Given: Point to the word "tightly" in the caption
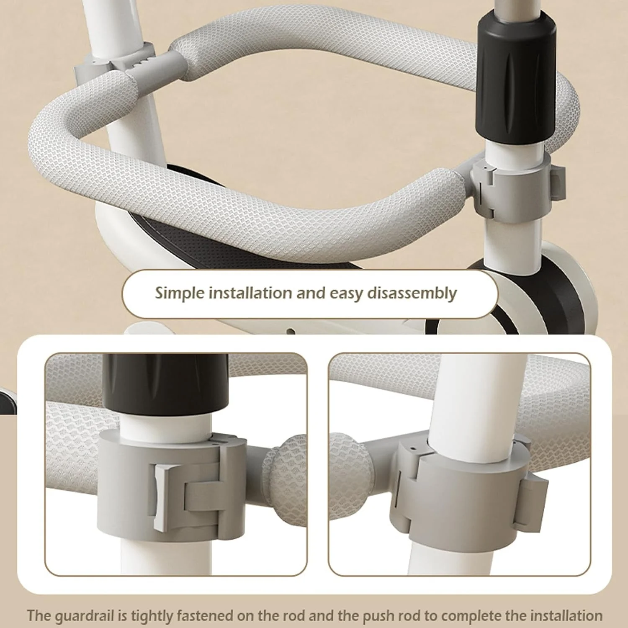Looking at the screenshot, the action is tap(153, 616).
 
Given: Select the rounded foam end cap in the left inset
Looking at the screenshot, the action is tap(285, 479).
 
